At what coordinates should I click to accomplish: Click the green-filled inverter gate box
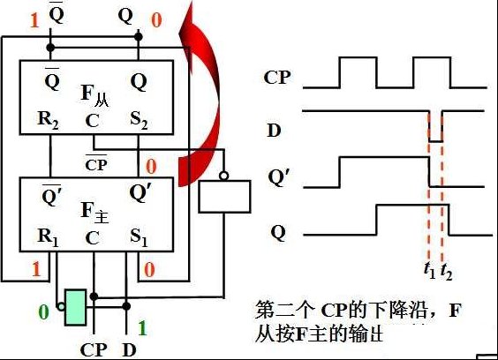[76, 307]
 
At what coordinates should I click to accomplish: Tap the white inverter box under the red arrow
[224, 197]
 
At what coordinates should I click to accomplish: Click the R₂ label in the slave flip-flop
[48, 120]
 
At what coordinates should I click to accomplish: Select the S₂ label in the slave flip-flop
[139, 120]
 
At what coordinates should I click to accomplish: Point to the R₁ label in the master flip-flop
[48, 237]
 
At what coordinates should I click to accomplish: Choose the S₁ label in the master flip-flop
[139, 237]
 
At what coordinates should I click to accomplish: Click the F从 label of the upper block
[94, 95]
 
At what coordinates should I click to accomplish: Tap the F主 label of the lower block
[94, 213]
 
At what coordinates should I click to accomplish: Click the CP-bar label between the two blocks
[96, 163]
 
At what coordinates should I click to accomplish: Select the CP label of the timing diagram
[277, 77]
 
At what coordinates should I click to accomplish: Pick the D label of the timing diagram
[274, 131]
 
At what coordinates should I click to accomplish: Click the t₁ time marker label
[430, 271]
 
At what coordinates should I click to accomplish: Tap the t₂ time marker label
[446, 272]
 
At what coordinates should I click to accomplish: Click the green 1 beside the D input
[143, 328]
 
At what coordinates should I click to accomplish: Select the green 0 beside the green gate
[44, 311]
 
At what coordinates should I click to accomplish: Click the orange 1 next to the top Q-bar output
[34, 20]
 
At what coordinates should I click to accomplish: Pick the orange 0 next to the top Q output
[156, 20]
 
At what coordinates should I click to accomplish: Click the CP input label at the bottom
[94, 350]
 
